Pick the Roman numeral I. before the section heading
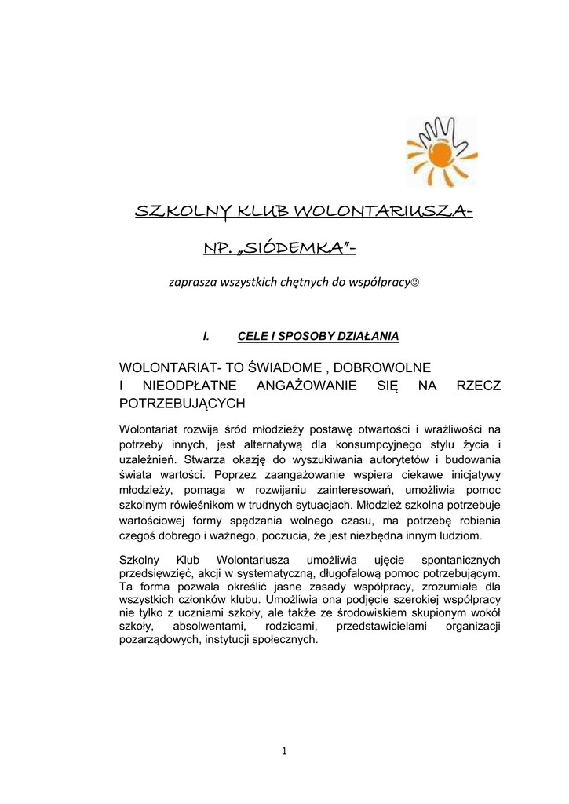pyautogui.click(x=206, y=336)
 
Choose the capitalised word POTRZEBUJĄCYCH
pyautogui.click(x=182, y=404)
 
